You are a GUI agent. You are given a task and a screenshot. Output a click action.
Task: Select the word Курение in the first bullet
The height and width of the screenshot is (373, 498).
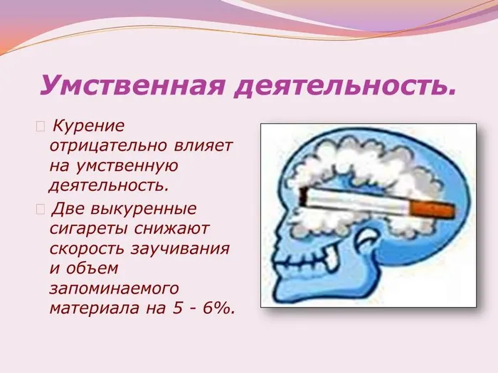coord(89,126)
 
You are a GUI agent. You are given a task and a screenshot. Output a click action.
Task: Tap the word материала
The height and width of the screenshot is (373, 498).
coord(88,310)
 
